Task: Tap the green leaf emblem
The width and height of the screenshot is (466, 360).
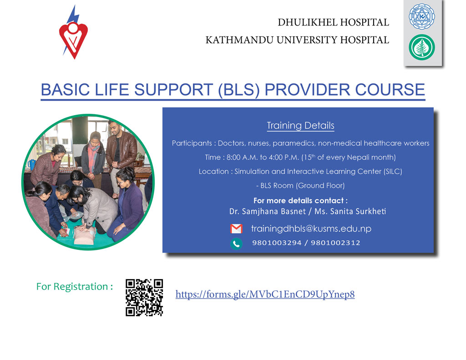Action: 422,47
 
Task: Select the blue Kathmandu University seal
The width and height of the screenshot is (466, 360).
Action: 422,16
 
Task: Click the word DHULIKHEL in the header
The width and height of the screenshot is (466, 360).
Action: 307,22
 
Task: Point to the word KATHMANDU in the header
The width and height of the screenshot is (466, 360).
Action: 239,40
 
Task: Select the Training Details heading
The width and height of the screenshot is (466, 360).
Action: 300,126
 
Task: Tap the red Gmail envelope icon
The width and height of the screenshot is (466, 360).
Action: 236,229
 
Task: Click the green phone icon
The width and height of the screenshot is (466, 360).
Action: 236,244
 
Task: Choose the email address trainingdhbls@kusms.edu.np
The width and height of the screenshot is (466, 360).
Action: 311,228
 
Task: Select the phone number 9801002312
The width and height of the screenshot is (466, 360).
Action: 335,243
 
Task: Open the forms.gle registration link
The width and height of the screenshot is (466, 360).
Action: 265,294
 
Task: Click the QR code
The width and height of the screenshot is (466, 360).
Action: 144,297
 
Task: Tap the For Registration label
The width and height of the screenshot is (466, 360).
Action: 75,287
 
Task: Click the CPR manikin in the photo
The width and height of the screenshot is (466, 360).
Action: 84,235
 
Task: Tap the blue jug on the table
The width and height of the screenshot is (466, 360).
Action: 31,164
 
